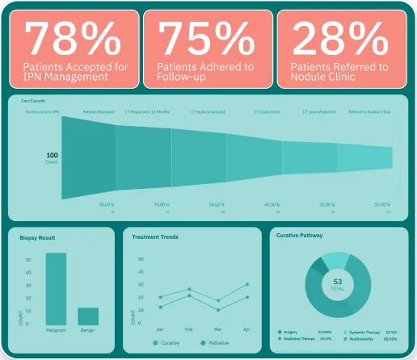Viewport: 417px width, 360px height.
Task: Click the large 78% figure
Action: (71, 38)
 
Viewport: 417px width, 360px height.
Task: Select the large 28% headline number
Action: (339, 38)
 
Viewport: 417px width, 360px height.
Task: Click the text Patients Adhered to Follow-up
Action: (194, 72)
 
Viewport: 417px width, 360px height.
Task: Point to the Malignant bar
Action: (56, 289)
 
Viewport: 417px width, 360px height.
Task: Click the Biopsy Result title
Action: (37, 238)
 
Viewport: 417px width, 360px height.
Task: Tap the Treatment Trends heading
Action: (154, 237)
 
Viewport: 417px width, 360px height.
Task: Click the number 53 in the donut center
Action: (338, 282)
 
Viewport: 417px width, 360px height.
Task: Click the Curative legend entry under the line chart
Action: (166, 343)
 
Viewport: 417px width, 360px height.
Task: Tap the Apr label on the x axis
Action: (247, 329)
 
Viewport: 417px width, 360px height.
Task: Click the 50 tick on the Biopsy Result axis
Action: (27, 260)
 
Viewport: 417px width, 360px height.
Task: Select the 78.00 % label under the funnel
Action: (107, 205)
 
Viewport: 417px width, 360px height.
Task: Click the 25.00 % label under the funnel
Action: (381, 205)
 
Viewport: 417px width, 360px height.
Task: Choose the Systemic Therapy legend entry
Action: (363, 332)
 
